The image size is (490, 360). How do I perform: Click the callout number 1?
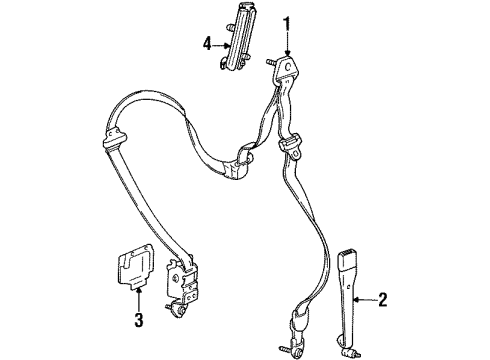[x=287, y=23]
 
